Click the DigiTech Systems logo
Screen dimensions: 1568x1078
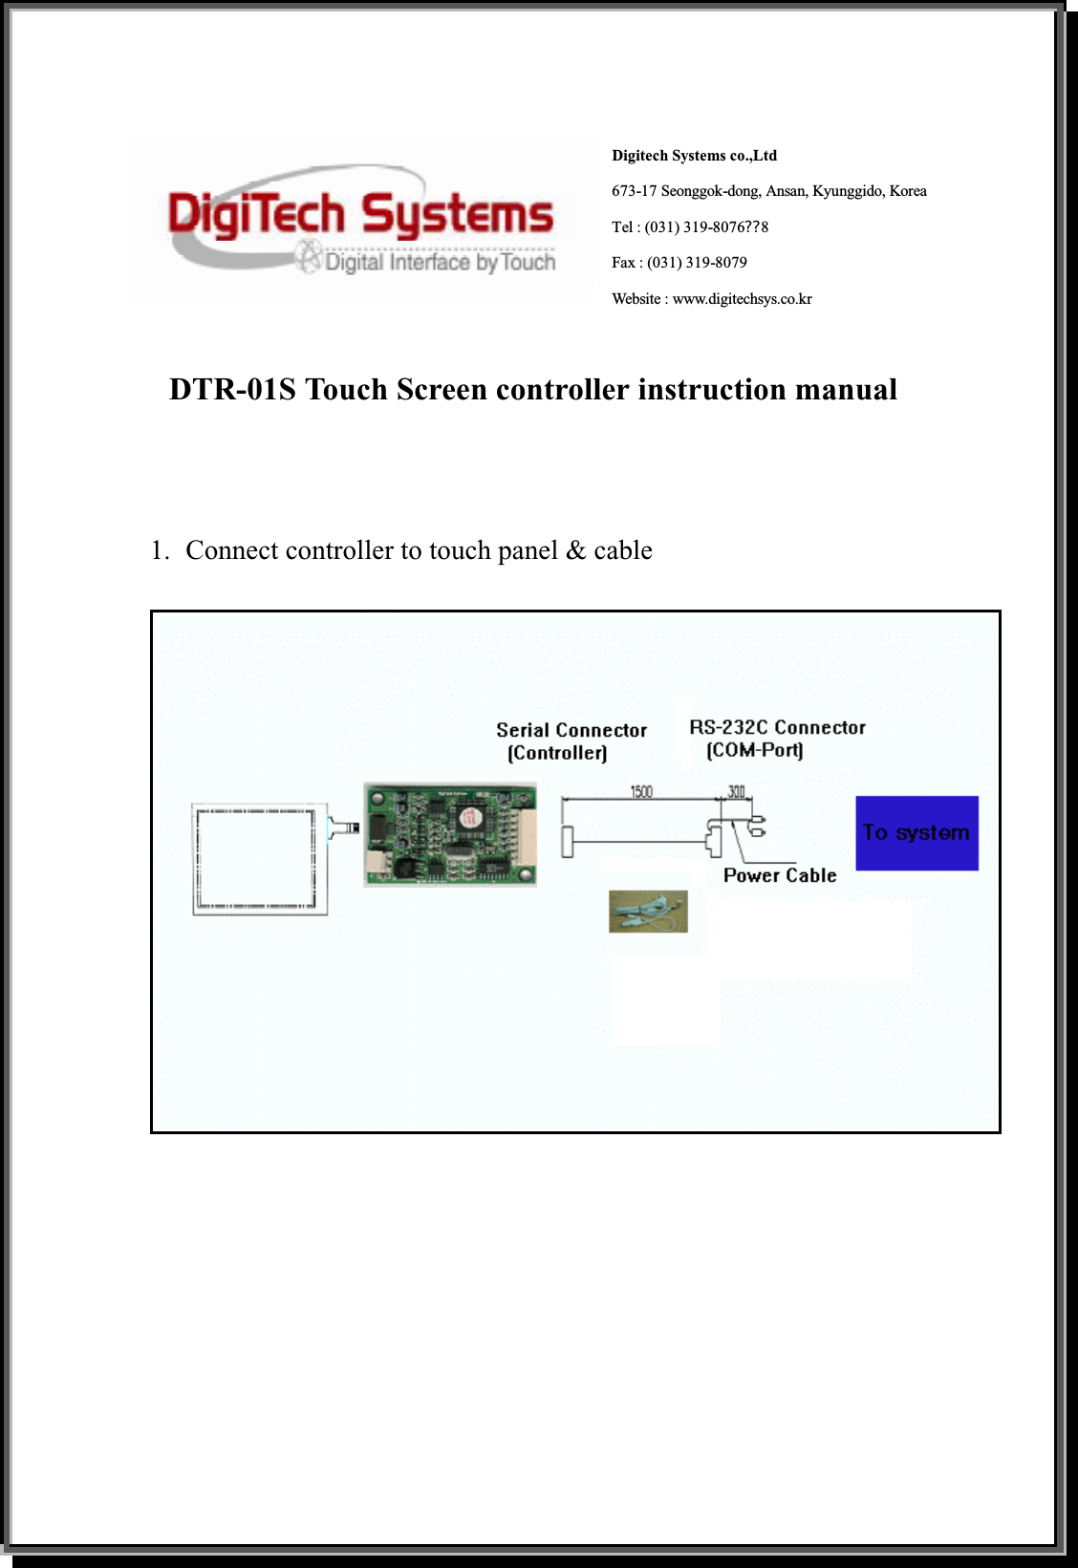[360, 218]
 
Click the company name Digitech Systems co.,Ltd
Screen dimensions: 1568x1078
[694, 156]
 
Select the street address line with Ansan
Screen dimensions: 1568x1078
[768, 191]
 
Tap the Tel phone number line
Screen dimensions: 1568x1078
[689, 227]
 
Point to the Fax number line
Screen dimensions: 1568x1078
[679, 263]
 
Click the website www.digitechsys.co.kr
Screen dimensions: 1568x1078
[742, 299]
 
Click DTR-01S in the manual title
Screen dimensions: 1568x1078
[232, 390]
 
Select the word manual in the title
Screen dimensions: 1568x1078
[846, 390]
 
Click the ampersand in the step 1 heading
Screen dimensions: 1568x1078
[575, 550]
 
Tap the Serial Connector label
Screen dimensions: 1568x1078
[571, 730]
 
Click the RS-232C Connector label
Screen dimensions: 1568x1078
[777, 728]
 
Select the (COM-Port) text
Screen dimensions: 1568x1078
[754, 751]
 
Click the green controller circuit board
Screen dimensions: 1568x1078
[449, 834]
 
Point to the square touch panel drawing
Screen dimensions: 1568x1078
[259, 859]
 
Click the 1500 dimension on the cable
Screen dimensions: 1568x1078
[641, 791]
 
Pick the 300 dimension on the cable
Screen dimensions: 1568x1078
[736, 791]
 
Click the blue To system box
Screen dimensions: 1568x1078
[916, 833]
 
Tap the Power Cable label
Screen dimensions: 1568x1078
[780, 875]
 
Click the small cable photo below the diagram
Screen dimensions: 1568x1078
[648, 912]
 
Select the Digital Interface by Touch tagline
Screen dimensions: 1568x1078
[440, 263]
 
